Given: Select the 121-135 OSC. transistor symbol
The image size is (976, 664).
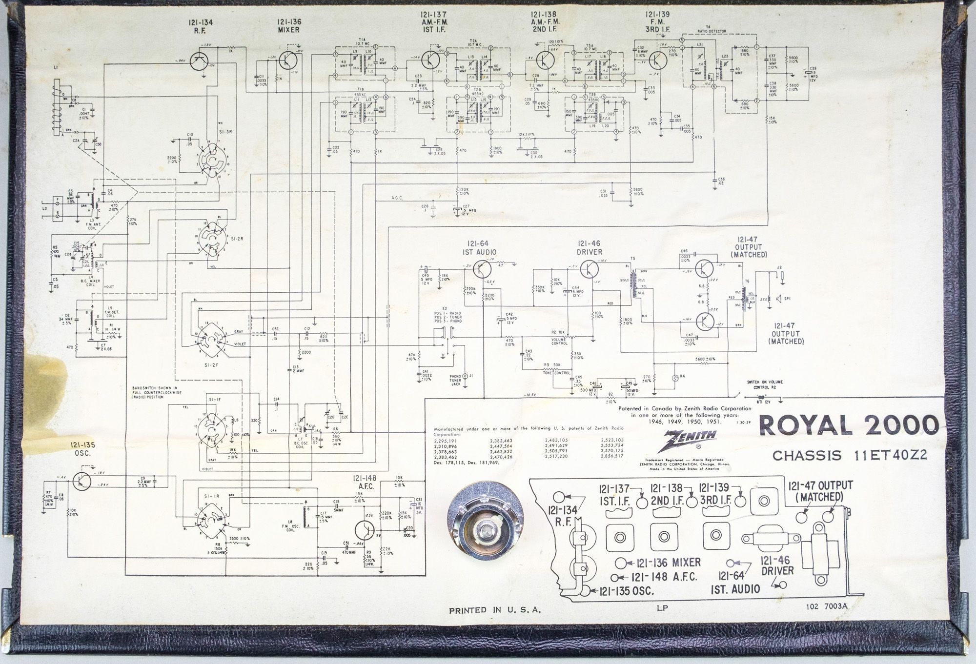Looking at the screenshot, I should click(x=81, y=481).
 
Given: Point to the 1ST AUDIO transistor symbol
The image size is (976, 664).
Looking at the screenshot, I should click(x=482, y=269).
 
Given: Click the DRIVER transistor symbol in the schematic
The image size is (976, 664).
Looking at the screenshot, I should click(x=592, y=269).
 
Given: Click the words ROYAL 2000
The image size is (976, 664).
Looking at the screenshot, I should click(x=848, y=425).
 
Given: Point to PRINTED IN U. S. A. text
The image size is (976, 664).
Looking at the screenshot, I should click(x=495, y=610).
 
